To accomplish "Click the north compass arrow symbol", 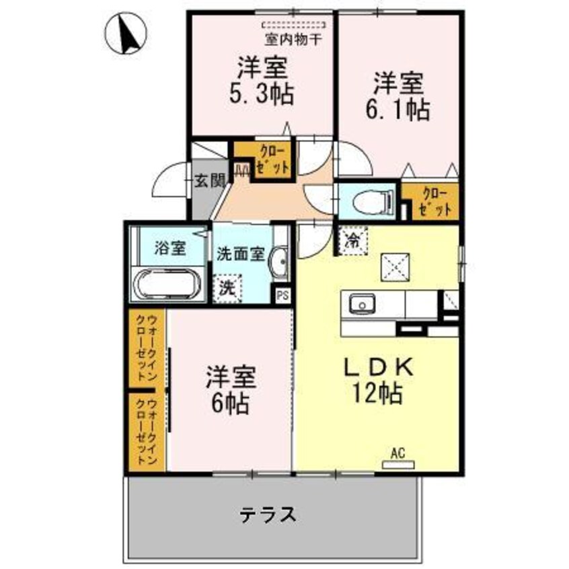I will click(126, 34).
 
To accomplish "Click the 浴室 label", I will click(169, 248).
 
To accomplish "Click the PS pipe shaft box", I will click(282, 295).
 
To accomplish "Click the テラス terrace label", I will click(268, 515).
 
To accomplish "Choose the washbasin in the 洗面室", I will click(282, 262).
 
